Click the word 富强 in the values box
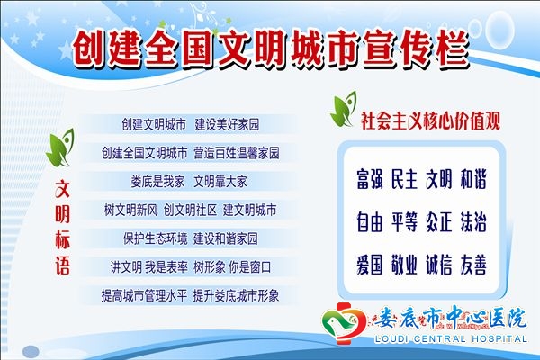(x=370, y=179)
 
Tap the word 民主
(x=404, y=179)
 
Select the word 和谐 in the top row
(x=473, y=179)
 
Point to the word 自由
(x=370, y=222)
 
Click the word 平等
(x=404, y=222)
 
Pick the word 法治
(x=473, y=222)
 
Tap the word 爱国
(x=370, y=265)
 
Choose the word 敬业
(x=404, y=265)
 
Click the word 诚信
(x=439, y=265)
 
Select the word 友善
(x=473, y=265)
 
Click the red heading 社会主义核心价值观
(x=430, y=121)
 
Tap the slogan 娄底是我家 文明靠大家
(x=189, y=182)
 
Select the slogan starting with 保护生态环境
(x=191, y=238)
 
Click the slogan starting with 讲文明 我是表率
(x=191, y=267)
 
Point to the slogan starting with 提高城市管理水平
(x=190, y=295)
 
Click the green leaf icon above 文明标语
(x=60, y=148)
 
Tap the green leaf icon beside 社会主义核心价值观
(x=344, y=109)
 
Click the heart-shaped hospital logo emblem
(x=345, y=323)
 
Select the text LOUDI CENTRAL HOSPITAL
(x=451, y=339)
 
